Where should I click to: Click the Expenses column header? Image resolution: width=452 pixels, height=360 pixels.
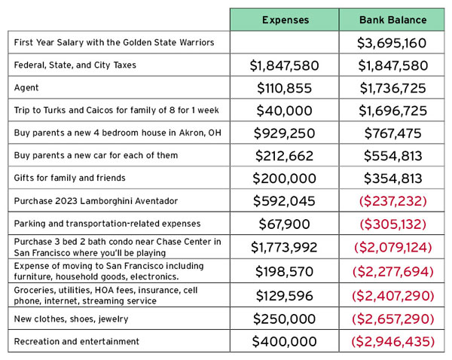(x=286, y=20)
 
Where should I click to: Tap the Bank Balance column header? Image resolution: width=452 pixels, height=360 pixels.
(x=393, y=20)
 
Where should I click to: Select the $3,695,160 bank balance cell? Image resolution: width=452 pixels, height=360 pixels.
(x=392, y=43)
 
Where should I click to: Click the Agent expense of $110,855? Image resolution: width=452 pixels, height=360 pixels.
(x=285, y=88)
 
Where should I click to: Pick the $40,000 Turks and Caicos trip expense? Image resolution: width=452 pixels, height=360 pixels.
(x=285, y=111)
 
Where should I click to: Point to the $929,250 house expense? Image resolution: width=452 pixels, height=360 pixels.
(x=285, y=133)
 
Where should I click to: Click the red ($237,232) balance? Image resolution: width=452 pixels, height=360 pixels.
(x=393, y=201)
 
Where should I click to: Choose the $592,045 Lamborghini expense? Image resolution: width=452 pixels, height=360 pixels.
(x=284, y=201)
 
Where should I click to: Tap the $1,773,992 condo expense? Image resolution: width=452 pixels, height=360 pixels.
(x=284, y=247)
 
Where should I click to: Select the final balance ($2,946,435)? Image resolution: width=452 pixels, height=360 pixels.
(x=393, y=342)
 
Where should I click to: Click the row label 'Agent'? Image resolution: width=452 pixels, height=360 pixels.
(x=26, y=87)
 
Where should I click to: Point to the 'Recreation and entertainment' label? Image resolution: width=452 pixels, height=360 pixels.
(x=77, y=342)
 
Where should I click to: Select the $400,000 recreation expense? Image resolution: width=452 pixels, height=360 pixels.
(x=285, y=342)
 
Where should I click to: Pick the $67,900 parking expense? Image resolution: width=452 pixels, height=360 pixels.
(x=285, y=224)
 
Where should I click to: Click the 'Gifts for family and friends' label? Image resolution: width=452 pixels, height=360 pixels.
(x=70, y=178)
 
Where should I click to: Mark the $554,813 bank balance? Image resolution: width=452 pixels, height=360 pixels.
(x=393, y=156)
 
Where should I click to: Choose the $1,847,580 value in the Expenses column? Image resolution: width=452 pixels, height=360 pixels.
(x=285, y=66)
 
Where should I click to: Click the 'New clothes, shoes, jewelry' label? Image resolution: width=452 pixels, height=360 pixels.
(x=72, y=319)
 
